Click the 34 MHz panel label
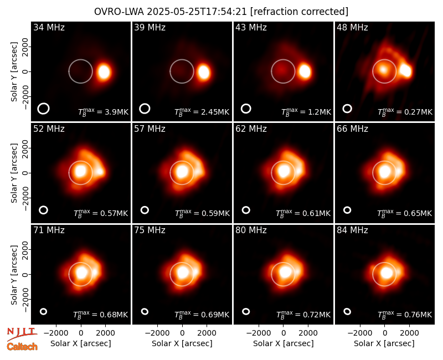(x=49, y=27)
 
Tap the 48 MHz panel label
(x=352, y=27)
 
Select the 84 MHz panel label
(x=352, y=230)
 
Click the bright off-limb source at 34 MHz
(x=104, y=72)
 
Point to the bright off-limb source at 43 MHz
(x=305, y=71)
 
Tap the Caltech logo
(x=22, y=347)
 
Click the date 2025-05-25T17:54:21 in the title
(x=197, y=12)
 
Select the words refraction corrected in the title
(x=300, y=12)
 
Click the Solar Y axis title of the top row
(x=14, y=72)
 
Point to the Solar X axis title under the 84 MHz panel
(x=384, y=343)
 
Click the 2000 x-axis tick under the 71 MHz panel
(x=106, y=333)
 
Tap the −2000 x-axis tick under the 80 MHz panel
(x=259, y=333)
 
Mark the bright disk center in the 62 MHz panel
(x=284, y=171)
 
